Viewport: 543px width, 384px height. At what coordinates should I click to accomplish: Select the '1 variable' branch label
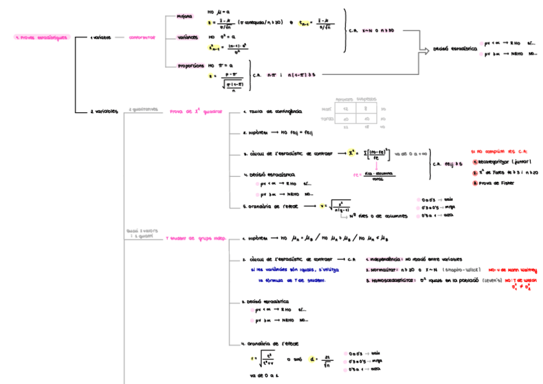pyautogui.click(x=101, y=37)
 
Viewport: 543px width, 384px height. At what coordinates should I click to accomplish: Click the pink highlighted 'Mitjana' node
pyautogui.click(x=184, y=17)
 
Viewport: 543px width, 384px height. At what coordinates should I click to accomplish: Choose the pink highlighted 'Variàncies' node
pyautogui.click(x=188, y=37)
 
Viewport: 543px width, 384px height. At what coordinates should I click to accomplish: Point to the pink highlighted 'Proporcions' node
pyautogui.click(x=191, y=65)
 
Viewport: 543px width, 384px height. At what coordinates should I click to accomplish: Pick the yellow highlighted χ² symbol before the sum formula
pyautogui.click(x=352, y=153)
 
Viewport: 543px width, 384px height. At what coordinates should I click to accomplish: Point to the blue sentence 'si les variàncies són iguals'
pyautogui.click(x=289, y=270)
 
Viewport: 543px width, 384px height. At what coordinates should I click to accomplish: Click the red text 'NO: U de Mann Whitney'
pyautogui.click(x=512, y=270)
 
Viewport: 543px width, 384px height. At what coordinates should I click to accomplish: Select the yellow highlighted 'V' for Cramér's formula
pyautogui.click(x=324, y=206)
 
